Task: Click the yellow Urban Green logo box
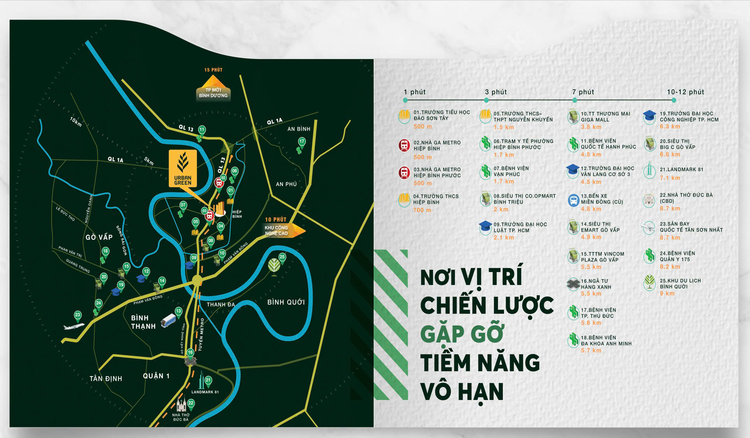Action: (x=183, y=169)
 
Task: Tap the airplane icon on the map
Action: (x=74, y=326)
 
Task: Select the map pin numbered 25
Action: (x=282, y=257)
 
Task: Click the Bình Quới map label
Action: (x=286, y=302)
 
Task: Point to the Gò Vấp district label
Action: (x=99, y=237)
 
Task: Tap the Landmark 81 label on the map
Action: (x=205, y=392)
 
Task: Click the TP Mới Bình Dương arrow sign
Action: (x=213, y=89)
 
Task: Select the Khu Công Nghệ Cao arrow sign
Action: (x=282, y=230)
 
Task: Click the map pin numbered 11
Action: (x=202, y=130)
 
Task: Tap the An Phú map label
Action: (x=286, y=184)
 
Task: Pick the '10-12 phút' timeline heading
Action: (x=685, y=92)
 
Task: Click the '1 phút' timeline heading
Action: (x=415, y=92)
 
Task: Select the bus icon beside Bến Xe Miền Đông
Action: (x=573, y=200)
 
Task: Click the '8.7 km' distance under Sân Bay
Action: (x=670, y=237)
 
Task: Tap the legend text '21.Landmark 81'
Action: (x=681, y=169)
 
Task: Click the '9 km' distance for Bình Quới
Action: (x=667, y=294)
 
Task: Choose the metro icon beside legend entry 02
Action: (x=404, y=145)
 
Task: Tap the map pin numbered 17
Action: (x=302, y=141)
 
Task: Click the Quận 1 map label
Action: (x=156, y=376)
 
